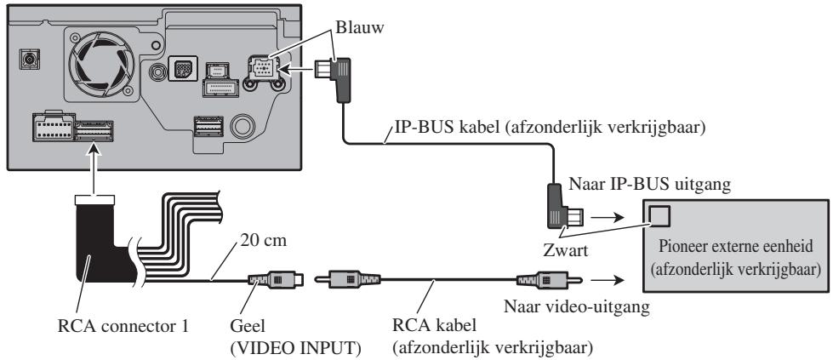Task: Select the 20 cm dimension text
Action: [264, 241]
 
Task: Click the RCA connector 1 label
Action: [123, 325]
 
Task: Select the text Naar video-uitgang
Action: [576, 307]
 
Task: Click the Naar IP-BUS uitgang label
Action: [650, 184]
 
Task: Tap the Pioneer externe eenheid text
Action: [736, 247]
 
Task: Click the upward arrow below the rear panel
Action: [94, 171]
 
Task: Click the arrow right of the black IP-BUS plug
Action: [606, 218]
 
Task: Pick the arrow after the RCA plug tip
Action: [606, 280]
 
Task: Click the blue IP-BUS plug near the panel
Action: [336, 77]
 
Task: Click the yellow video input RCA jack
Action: [275, 279]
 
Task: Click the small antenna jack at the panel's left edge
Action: [29, 59]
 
